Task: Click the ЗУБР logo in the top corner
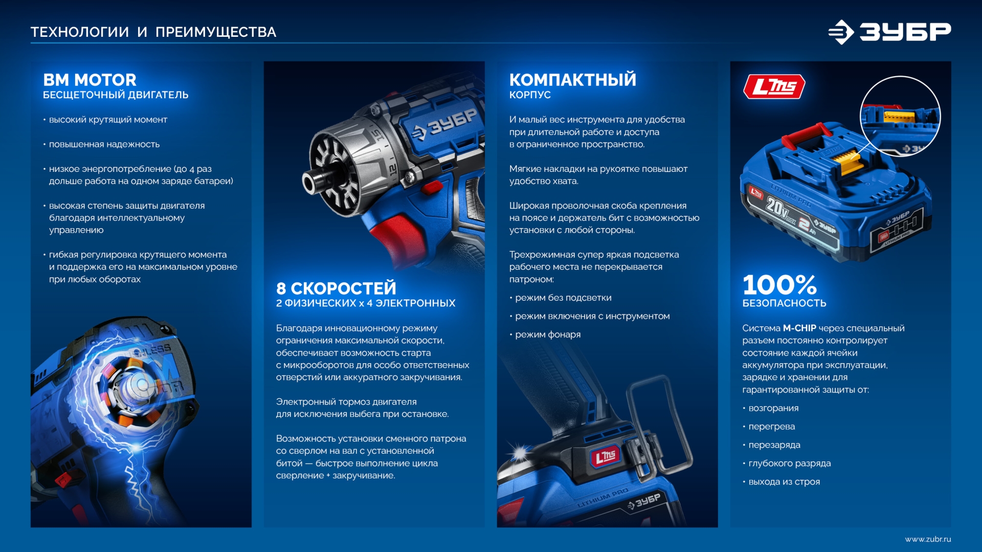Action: [x=890, y=32]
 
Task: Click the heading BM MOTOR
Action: [x=90, y=80]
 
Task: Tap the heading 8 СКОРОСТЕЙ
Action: [x=336, y=288]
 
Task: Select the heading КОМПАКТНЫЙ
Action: [x=572, y=80]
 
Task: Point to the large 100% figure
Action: [x=779, y=284]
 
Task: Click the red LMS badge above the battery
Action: [x=774, y=86]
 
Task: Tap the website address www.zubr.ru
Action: [x=927, y=539]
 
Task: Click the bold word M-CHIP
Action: [x=799, y=328]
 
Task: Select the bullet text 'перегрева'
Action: [x=771, y=426]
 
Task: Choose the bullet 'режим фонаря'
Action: [x=547, y=334]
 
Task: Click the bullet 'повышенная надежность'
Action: [x=104, y=144]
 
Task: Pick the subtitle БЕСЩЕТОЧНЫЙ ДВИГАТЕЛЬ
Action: [x=116, y=95]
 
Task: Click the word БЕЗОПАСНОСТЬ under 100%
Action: [x=784, y=303]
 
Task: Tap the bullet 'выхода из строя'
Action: [x=784, y=481]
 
